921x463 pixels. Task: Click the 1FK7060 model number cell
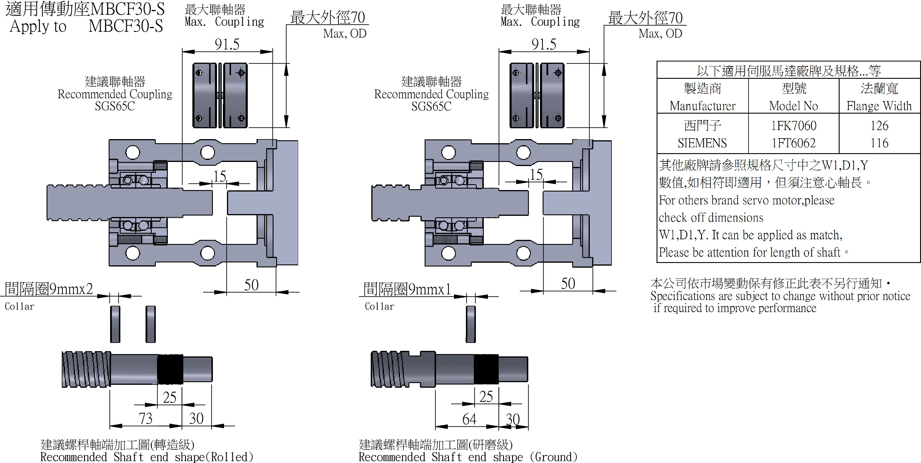[x=794, y=126]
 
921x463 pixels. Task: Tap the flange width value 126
[x=879, y=126]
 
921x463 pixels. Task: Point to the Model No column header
[x=793, y=106]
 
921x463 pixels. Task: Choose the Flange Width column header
[x=879, y=106]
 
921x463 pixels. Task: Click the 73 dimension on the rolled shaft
[x=146, y=418]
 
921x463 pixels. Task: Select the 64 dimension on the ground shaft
[x=469, y=419]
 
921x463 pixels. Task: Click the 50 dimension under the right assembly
[x=568, y=284]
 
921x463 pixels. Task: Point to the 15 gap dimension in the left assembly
[x=220, y=176]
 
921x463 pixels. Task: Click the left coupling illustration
[x=220, y=95]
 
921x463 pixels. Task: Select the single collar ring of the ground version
[x=471, y=324]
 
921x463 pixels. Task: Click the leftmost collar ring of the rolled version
[x=115, y=324]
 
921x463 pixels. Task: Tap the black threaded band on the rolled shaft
[x=170, y=369]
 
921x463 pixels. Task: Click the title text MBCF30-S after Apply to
[x=126, y=26]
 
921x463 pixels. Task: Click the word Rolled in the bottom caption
[x=231, y=457]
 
